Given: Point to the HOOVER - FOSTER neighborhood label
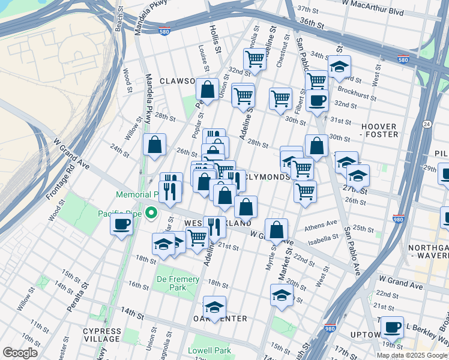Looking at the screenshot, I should [x=379, y=130].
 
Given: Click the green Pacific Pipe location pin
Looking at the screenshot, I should [x=152, y=213].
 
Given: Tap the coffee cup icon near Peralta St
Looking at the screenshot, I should [x=121, y=225].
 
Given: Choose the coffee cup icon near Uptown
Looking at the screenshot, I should [x=392, y=327].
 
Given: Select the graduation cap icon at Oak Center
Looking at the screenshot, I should [x=214, y=307].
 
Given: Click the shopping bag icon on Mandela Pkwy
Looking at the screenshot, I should [x=155, y=144].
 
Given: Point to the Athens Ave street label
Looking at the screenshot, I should [x=321, y=224].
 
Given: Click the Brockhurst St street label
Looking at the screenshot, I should [x=357, y=95].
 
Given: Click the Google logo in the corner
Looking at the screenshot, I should [x=20, y=353].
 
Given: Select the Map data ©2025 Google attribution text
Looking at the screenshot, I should [x=412, y=355].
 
